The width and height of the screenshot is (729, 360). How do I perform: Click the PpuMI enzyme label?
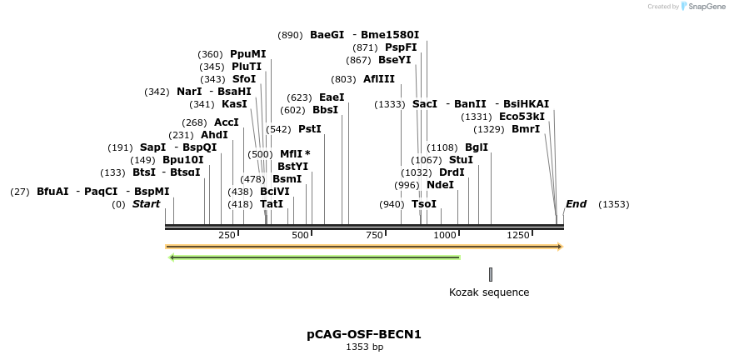pyautogui.click(x=247, y=54)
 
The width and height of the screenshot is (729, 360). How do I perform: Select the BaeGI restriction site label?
pyautogui.click(x=327, y=35)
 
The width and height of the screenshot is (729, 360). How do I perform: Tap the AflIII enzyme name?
pyautogui.click(x=379, y=79)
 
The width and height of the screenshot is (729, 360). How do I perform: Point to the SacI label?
pyautogui.click(x=425, y=104)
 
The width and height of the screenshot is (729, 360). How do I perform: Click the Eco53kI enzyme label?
pyautogui.click(x=522, y=117)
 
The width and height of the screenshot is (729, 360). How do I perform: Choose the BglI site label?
pyautogui.click(x=477, y=147)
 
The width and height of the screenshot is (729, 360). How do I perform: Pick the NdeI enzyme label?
pyautogui.click(x=440, y=185)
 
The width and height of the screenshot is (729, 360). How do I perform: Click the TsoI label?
pyautogui.click(x=424, y=204)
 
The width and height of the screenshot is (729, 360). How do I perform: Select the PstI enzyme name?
pyautogui.click(x=309, y=129)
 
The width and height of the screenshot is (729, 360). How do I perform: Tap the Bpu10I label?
pyautogui.click(x=182, y=160)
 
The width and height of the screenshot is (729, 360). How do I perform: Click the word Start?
pyautogui.click(x=146, y=204)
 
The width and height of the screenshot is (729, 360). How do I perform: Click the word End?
pyautogui.click(x=576, y=204)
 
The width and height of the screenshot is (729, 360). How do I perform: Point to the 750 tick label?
pyautogui.click(x=372, y=236)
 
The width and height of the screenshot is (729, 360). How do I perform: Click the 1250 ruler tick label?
pyautogui.click(x=517, y=236)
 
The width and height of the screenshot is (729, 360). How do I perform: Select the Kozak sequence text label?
pyautogui.click(x=489, y=292)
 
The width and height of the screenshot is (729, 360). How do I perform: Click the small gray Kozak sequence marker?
pyautogui.click(x=491, y=274)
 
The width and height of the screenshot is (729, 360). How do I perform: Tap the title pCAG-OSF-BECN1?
pyautogui.click(x=364, y=334)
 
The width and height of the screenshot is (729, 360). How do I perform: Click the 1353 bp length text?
pyautogui.click(x=364, y=347)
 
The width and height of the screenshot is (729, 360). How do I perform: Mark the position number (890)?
pyautogui.click(x=290, y=35)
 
